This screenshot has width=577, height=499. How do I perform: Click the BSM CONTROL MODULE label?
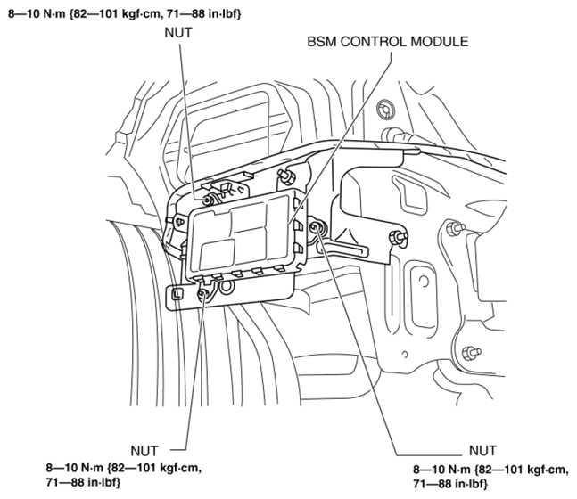tap(388, 42)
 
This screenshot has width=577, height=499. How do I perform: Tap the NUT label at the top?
tap(178, 33)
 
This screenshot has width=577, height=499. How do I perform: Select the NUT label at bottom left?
tap(144, 451)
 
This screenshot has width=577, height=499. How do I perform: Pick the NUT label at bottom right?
tap(482, 451)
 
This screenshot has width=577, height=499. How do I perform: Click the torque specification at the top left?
tap(125, 14)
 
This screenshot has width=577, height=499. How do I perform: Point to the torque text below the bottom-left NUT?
tap(124, 475)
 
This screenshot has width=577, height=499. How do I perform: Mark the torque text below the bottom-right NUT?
tap(490, 477)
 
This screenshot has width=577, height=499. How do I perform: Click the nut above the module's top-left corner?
tap(210, 200)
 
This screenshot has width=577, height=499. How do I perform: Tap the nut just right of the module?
tap(317, 228)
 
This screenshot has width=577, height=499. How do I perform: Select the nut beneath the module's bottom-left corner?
tap(203, 293)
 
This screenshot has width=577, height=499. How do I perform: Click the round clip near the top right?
tap(385, 109)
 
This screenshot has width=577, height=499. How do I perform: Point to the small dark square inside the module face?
tap(217, 253)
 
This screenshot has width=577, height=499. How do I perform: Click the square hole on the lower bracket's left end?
tap(177, 294)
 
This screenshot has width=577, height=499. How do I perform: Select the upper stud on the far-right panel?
tap(455, 229)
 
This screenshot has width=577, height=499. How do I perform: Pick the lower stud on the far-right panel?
tap(471, 352)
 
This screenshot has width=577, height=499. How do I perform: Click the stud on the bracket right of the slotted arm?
tap(399, 236)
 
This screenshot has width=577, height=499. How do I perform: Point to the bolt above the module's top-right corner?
tap(286, 175)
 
